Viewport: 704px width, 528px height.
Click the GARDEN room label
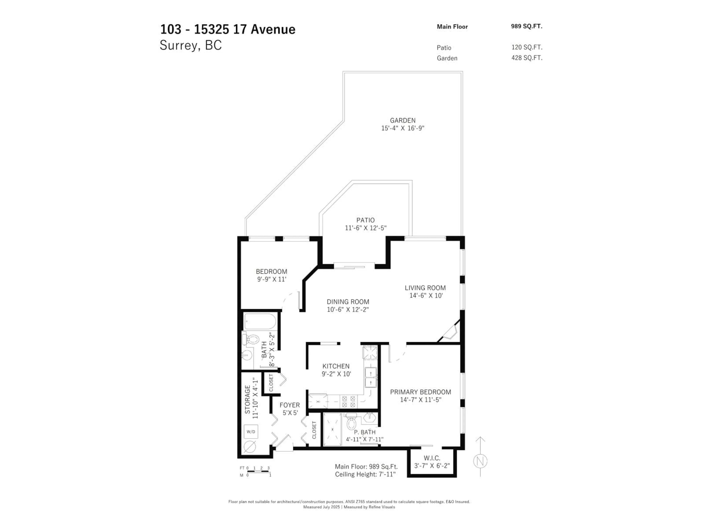tap(403, 120)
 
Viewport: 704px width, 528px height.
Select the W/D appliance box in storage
tap(251, 432)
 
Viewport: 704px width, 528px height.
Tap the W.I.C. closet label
tap(432, 458)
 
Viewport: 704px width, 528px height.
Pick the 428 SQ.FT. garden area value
tap(527, 58)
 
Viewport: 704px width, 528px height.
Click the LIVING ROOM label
tap(425, 288)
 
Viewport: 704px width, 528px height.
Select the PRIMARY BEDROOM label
tap(420, 392)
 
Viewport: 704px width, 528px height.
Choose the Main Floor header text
tap(452, 27)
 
